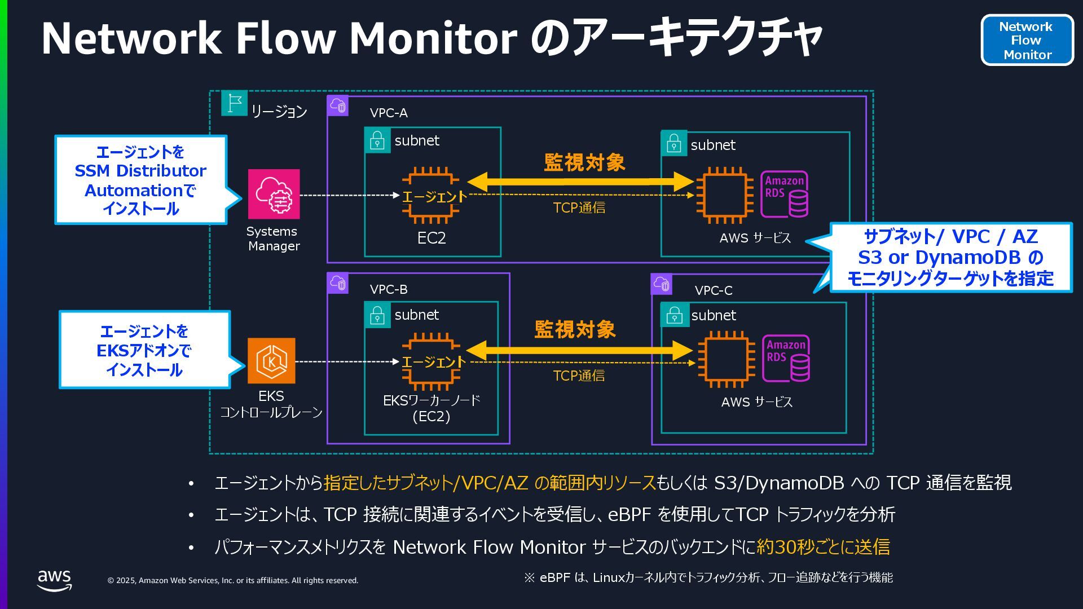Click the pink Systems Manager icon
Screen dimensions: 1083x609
coord(274,194)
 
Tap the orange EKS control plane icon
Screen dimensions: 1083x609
coord(271,361)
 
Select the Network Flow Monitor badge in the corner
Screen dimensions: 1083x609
coord(1027,40)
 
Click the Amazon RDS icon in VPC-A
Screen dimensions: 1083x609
coord(785,195)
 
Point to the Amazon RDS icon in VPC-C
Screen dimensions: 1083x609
coord(786,359)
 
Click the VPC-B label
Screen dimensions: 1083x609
coord(389,289)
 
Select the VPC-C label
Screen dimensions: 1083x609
coord(714,290)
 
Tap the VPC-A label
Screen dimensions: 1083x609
coord(389,113)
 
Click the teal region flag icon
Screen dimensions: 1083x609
coord(234,103)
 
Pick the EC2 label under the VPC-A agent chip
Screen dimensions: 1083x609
coord(432,238)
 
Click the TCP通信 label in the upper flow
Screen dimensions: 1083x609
coord(579,208)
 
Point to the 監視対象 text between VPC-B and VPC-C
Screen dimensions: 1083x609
coord(575,329)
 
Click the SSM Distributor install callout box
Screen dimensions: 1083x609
coord(141,180)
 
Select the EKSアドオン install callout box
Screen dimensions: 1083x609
coord(144,350)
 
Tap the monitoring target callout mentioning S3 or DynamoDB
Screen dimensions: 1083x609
coord(951,257)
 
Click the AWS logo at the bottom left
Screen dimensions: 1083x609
coord(54,580)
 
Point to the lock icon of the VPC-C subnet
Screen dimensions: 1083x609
coord(675,315)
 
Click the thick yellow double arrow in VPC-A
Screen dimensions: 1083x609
coord(580,182)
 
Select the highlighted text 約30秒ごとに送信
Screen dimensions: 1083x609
coord(823,546)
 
